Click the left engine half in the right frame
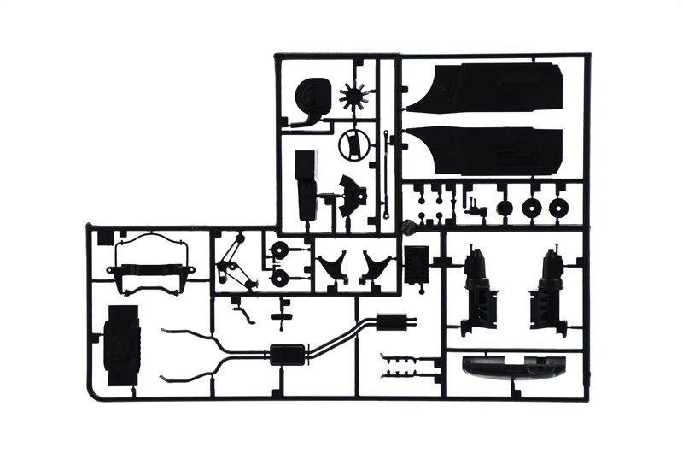point(478,286)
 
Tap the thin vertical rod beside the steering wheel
point(388,171)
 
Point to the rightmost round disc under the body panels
point(560,208)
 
